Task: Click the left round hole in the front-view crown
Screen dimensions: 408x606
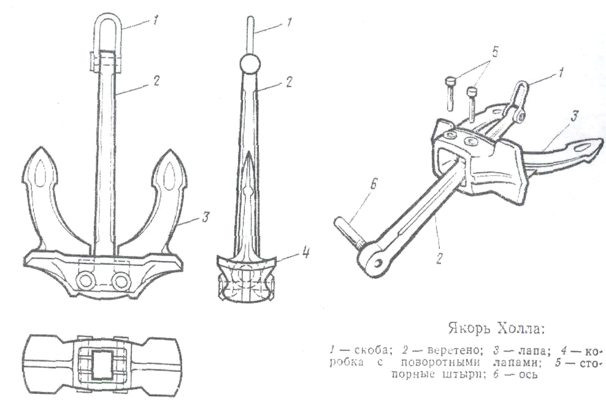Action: (85, 280)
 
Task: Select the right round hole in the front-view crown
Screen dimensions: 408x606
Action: (120, 280)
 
